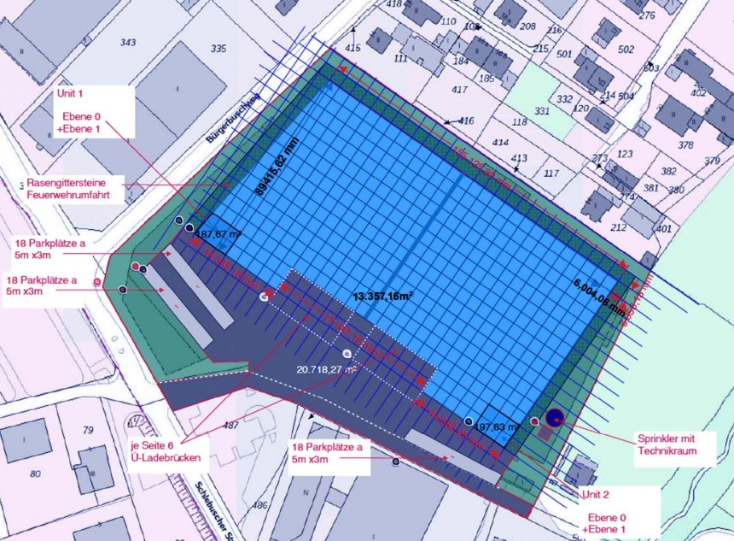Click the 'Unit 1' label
pos(72,92)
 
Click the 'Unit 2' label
pos(596,495)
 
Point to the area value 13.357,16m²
pos(383,297)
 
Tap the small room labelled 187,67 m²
pos(218,233)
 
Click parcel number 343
pos(129,43)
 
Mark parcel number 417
pos(460,90)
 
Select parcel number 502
pos(626,50)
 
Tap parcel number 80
pos(35,473)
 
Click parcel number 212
pos(618,228)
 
